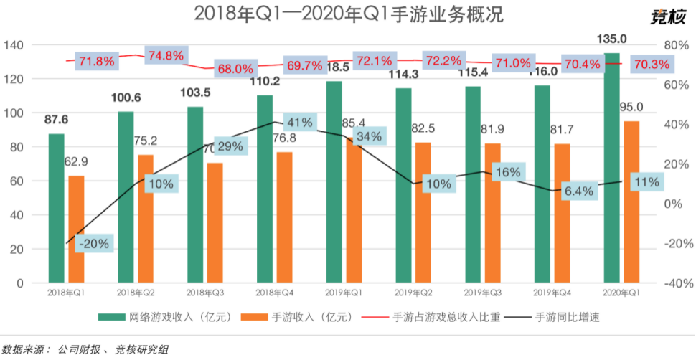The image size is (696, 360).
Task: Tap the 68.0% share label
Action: click(235, 69)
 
